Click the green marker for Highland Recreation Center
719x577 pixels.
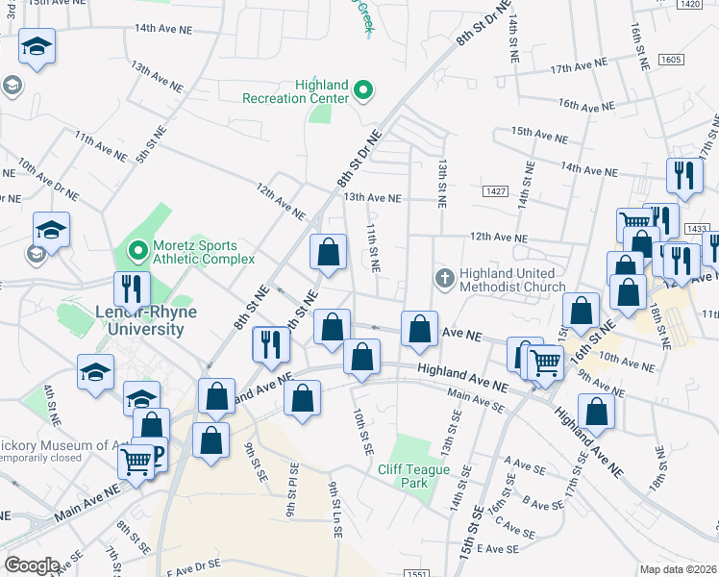[x=363, y=91]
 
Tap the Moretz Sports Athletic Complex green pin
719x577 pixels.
[x=137, y=251]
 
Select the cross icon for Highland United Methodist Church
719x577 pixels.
[x=444, y=280]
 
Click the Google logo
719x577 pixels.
[x=32, y=565]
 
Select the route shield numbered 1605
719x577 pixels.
[x=671, y=60]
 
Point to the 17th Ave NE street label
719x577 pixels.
[x=580, y=69]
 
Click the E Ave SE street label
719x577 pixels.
[x=497, y=548]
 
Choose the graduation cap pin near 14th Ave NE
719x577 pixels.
[x=37, y=47]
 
